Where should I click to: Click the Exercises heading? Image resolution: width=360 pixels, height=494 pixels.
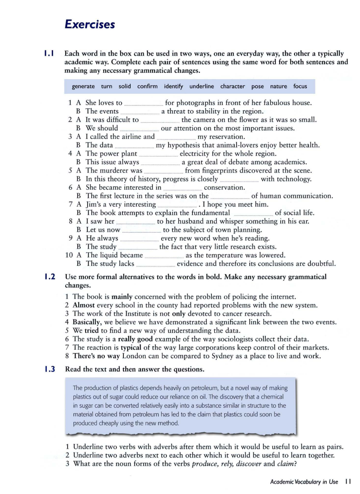pos(90,24)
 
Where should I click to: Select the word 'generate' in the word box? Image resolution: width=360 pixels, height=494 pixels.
pos(83,86)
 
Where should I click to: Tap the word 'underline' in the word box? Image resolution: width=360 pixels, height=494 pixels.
pos(202,86)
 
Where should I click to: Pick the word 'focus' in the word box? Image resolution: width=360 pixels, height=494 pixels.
pos(300,86)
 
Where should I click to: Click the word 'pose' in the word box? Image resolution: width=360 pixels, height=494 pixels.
pos(257,87)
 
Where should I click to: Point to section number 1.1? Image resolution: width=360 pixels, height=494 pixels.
pos(49,53)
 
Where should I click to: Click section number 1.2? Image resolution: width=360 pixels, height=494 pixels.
pos(50,277)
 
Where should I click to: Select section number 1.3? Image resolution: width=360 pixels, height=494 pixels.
pos(50,369)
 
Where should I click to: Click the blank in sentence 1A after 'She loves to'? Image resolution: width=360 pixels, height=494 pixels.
pos(143,103)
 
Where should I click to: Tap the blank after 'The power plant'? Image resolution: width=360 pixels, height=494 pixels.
pos(158,154)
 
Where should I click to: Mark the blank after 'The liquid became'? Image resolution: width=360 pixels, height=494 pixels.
pos(164,256)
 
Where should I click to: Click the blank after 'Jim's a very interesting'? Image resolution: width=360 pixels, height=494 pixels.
pos(177,205)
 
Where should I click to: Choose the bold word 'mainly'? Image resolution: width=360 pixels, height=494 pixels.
pos(122,297)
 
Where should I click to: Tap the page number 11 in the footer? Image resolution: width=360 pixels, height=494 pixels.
pos(348,482)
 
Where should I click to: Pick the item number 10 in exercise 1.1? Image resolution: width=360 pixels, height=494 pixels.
pos(69,255)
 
